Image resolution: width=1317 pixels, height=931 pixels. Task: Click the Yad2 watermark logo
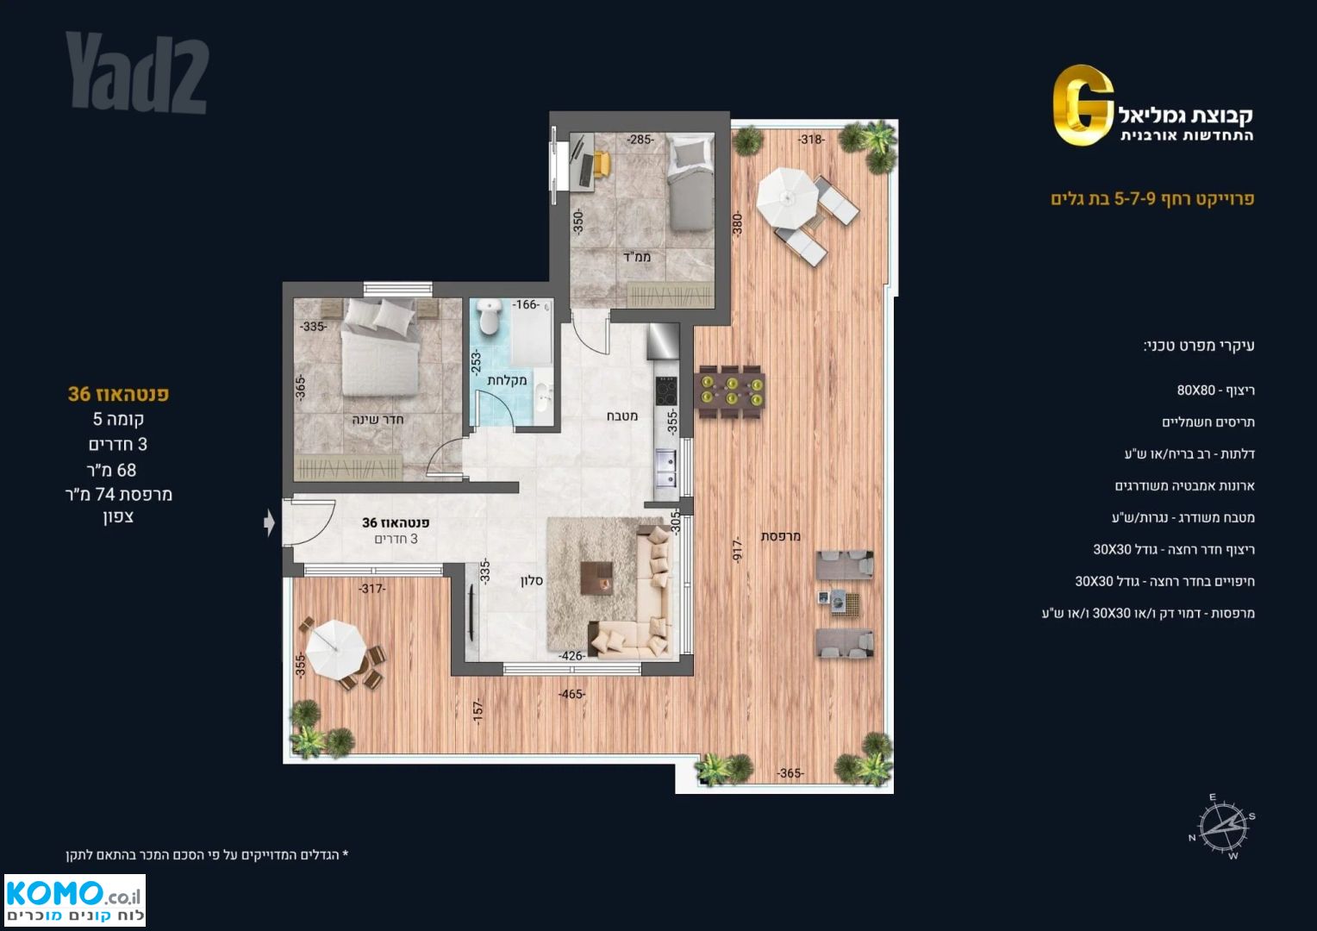click(137, 72)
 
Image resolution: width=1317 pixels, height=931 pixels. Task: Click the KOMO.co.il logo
click(75, 899)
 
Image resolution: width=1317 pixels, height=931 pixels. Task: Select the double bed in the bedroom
click(380, 347)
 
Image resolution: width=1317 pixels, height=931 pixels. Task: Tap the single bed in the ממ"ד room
click(691, 181)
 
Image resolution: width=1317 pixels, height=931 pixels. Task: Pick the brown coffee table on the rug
click(596, 578)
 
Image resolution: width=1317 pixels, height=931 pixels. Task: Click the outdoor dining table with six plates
click(732, 391)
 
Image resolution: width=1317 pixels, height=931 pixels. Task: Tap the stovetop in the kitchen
click(666, 391)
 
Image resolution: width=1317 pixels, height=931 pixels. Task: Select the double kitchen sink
click(667, 469)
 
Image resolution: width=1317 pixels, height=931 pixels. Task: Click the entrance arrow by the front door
click(269, 522)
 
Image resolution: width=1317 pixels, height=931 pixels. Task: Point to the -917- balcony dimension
click(739, 549)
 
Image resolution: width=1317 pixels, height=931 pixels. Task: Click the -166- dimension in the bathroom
click(525, 304)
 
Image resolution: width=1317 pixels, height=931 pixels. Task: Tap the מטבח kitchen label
click(622, 416)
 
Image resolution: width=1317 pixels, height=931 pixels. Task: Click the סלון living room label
click(532, 581)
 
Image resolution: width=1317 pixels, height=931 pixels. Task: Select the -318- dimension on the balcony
click(811, 140)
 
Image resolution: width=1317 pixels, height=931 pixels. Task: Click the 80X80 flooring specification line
click(1215, 391)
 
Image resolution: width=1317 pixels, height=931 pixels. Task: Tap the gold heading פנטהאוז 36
click(118, 394)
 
